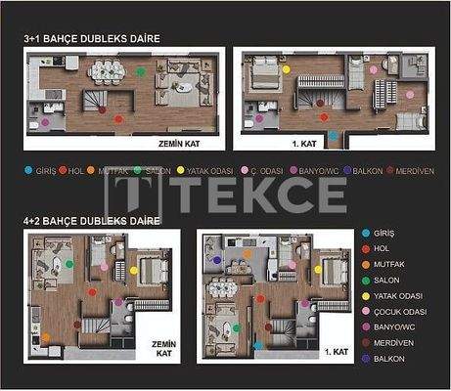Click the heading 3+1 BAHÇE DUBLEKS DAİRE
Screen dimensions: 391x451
point(92,38)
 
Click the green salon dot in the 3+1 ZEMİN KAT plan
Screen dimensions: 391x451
point(140,71)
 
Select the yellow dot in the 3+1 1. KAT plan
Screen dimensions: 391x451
point(286,69)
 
